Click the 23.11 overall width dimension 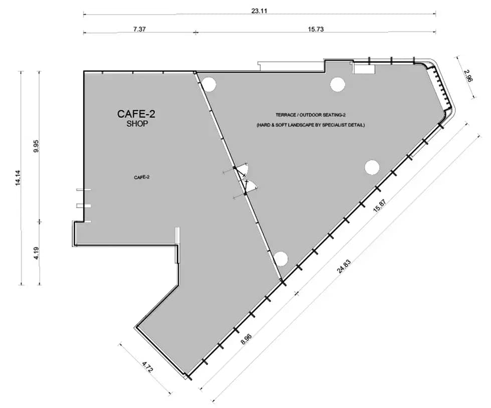tap(259, 11)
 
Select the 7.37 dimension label tap(139, 29)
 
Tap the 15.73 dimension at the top tap(315, 29)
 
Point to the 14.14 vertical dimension tap(18, 177)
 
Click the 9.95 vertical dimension tap(36, 146)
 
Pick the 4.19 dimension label tap(36, 253)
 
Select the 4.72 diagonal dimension tap(147, 367)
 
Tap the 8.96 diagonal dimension tap(246, 339)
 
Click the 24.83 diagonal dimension tap(344, 266)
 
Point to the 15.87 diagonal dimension tap(380, 206)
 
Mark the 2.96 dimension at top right tap(468, 75)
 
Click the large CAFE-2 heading tap(136, 114)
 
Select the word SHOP tap(137, 124)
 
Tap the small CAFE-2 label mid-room tap(141, 177)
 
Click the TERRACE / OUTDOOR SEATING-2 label tap(310, 115)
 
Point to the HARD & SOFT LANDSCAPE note tap(310, 125)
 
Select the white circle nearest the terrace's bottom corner tap(280, 259)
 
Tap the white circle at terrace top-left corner tap(208, 84)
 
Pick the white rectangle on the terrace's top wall tap(364, 69)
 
